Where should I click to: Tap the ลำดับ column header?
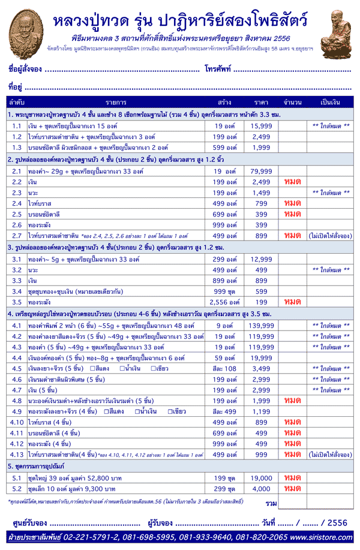(17, 103)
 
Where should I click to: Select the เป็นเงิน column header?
(331, 103)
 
